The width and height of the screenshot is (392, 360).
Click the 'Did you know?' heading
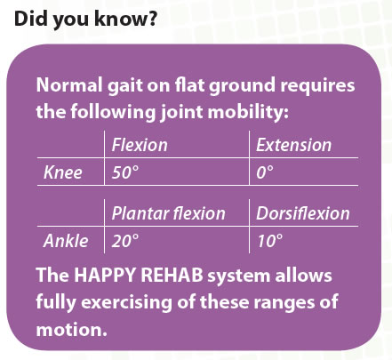click(x=85, y=20)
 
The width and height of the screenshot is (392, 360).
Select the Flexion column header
click(x=140, y=145)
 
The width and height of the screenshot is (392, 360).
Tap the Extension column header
click(x=293, y=145)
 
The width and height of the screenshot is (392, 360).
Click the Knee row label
click(x=63, y=172)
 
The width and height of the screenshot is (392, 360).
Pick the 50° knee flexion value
click(x=125, y=172)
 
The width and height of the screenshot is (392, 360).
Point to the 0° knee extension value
click(x=265, y=172)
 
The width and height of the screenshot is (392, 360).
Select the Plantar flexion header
click(x=169, y=213)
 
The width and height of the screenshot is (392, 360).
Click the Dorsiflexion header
click(x=303, y=213)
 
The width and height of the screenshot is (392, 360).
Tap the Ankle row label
click(x=66, y=241)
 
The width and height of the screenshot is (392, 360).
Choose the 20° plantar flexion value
click(x=125, y=241)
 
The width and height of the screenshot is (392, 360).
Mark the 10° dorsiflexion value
click(x=269, y=241)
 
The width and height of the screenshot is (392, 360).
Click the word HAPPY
click(x=105, y=275)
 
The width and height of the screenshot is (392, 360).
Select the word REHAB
click(x=172, y=275)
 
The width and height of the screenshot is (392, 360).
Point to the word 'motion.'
click(x=71, y=329)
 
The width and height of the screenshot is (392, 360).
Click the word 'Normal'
click(x=69, y=85)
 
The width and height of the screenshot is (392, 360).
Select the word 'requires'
click(x=317, y=86)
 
